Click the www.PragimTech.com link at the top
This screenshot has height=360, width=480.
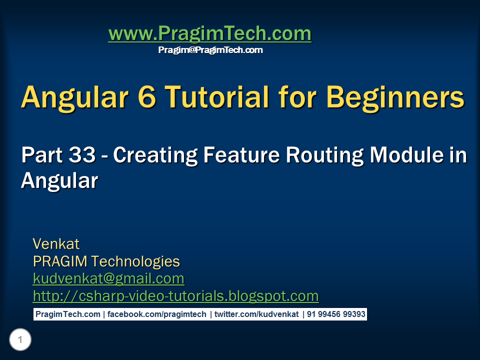tap(209, 34)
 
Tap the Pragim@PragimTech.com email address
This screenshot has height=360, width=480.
tap(210, 50)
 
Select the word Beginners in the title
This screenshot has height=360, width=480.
tap(394, 97)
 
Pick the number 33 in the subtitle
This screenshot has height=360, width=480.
tap(81, 155)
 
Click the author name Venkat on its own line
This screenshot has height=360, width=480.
tap(56, 244)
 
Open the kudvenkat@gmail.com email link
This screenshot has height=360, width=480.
tap(108, 278)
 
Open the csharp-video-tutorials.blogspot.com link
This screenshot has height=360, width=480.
tap(175, 296)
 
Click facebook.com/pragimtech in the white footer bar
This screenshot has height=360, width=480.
tap(157, 314)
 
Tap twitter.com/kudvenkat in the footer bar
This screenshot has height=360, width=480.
tap(256, 314)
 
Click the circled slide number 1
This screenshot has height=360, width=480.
tap(20, 340)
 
